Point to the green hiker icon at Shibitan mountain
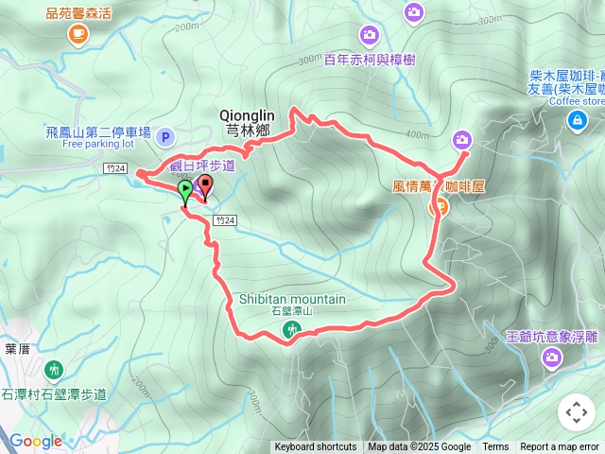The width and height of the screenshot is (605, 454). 291,328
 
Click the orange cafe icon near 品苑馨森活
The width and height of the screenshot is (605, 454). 76,35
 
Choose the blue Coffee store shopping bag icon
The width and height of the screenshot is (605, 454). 576,120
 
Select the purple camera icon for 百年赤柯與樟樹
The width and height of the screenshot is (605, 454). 370,35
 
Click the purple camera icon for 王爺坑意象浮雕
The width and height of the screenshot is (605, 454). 552,357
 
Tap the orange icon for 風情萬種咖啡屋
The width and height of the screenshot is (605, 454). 440,208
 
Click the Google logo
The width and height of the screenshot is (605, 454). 36,441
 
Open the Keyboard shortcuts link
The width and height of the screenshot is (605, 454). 316,447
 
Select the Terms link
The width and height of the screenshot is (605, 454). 495,447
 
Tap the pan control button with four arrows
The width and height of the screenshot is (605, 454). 576,412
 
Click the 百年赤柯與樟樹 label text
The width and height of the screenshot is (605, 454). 370,59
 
